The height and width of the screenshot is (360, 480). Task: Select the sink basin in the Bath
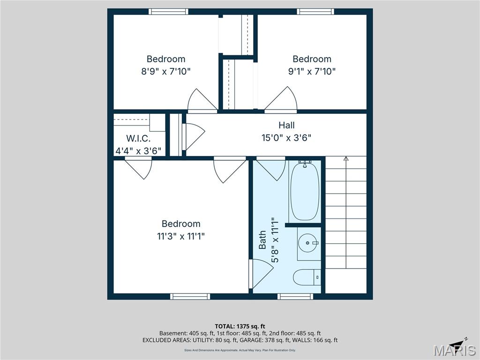(x=308, y=243)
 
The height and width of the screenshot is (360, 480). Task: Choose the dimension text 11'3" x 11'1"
(x=181, y=236)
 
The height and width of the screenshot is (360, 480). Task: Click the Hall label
(x=286, y=125)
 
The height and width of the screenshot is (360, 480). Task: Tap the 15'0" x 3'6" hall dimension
(x=286, y=138)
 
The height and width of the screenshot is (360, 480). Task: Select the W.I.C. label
(x=138, y=139)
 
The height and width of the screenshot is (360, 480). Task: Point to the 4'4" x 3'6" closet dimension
(x=138, y=151)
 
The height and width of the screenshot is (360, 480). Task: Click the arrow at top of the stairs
(x=346, y=159)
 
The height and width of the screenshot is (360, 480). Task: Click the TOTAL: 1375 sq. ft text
(x=240, y=326)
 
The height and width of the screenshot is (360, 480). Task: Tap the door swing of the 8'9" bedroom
(x=202, y=101)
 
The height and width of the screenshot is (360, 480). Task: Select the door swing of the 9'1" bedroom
(x=282, y=101)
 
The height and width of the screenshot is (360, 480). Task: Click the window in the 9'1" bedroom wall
(x=315, y=12)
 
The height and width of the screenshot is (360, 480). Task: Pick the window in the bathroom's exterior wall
(x=295, y=296)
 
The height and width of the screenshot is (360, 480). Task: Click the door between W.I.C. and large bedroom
(x=138, y=168)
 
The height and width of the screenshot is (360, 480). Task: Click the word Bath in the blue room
(x=262, y=240)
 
